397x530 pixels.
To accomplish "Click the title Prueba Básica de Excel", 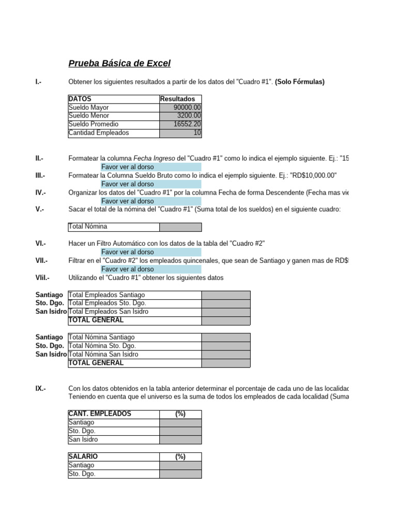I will coord(119,64).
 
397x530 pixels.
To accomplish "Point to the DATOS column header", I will coord(80,99).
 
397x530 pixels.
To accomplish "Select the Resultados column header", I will coord(178,99).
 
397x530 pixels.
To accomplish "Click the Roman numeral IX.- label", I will coord(40,389).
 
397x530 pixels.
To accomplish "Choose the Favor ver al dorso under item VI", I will coord(127,252).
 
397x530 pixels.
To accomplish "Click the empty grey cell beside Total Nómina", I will coord(180,227).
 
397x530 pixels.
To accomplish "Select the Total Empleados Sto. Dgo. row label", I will coord(107,303).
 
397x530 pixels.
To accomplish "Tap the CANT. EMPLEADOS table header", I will coord(100,414).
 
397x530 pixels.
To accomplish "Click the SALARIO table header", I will coord(83,457).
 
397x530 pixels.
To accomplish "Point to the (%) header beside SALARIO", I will coord(180,457).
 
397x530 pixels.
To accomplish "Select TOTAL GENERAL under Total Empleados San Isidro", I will coord(96,320).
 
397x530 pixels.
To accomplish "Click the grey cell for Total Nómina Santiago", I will coord(226,337).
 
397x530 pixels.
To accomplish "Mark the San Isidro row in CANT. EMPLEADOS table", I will coord(83,440).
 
